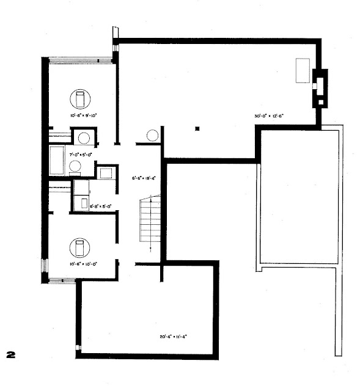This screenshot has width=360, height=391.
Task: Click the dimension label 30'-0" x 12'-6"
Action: point(270,115)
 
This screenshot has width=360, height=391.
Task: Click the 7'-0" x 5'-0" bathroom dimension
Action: point(80,155)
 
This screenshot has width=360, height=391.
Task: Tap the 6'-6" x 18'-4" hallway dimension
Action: point(144,178)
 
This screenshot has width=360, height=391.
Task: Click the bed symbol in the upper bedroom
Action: point(80,98)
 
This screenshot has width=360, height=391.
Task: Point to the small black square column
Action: point(197,128)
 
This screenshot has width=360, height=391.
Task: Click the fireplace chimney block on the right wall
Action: point(320,89)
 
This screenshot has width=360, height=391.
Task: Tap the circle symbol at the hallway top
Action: point(153,136)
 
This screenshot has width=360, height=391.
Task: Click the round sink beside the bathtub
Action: point(75,166)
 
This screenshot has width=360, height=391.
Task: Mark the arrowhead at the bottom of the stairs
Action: point(150,247)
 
